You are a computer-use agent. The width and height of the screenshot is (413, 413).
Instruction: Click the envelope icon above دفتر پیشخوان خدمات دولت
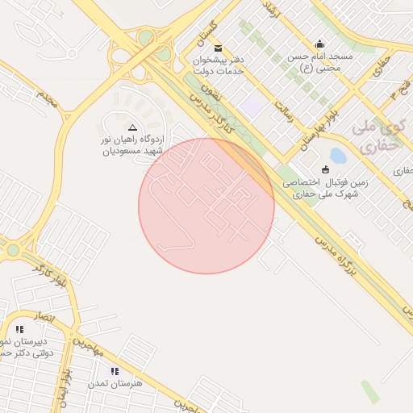coord(219,48)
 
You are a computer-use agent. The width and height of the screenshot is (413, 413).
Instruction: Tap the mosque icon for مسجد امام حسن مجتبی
coord(320,44)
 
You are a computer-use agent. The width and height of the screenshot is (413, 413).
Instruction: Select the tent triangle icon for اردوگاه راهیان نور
coord(133,127)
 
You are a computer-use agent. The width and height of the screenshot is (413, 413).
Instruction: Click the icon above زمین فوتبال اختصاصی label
coord(325,169)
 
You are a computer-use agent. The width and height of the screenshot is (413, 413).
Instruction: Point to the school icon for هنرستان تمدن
coord(115,371)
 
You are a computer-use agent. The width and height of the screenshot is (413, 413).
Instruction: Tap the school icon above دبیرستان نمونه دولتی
coord(19,329)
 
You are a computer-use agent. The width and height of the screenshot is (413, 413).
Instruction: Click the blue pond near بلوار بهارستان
coord(339,155)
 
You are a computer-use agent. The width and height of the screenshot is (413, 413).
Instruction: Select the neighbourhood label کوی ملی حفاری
coord(377,137)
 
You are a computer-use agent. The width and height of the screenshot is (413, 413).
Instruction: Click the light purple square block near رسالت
coord(252,106)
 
